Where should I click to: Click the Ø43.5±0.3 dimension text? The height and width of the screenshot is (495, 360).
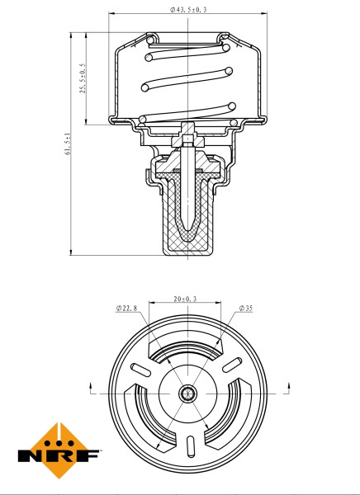pos(188,10)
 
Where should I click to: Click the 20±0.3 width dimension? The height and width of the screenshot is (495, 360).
pos(184,299)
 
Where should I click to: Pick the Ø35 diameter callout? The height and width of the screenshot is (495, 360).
pos(245,309)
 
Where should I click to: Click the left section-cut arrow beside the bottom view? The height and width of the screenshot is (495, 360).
pos(89,385)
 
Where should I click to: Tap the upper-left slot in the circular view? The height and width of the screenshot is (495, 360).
pos(141,368)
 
